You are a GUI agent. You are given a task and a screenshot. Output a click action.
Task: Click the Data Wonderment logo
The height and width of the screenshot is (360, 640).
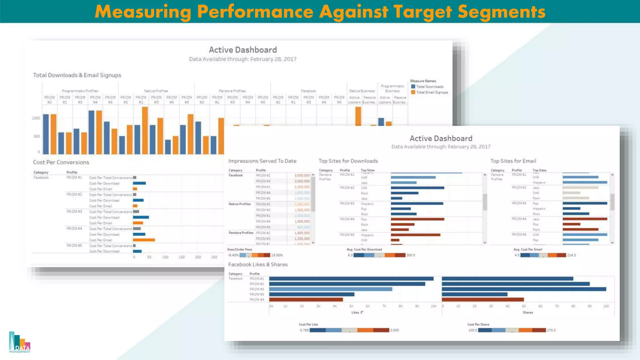pyautogui.click(x=20, y=342)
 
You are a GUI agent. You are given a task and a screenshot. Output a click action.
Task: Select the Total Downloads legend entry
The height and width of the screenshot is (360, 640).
pyautogui.click(x=429, y=87)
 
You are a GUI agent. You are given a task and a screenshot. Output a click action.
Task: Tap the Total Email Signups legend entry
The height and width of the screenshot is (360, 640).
pyautogui.click(x=432, y=92)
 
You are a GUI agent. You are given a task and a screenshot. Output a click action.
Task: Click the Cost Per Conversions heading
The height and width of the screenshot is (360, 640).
pyautogui.click(x=61, y=162)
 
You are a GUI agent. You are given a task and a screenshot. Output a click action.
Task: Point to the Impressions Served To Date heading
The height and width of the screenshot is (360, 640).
pyautogui.click(x=262, y=161)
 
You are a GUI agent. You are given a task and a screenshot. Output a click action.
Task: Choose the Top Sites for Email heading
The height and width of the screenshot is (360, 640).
pyautogui.click(x=513, y=161)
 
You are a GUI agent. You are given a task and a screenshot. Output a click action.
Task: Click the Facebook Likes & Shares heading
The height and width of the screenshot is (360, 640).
pyautogui.click(x=258, y=264)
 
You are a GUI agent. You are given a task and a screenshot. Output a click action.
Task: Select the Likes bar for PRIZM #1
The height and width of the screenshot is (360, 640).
pyautogui.click(x=351, y=278)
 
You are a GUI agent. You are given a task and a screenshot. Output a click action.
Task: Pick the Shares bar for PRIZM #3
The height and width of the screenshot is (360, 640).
pyautogui.click(x=524, y=289)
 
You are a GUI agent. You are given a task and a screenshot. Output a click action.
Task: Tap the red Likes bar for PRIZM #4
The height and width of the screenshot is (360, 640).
pyautogui.click(x=306, y=299)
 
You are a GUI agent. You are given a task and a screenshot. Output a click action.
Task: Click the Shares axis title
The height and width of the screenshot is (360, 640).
pyautogui.click(x=528, y=312)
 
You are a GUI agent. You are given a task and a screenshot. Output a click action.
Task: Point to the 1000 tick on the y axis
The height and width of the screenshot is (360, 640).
pyautogui.click(x=36, y=118)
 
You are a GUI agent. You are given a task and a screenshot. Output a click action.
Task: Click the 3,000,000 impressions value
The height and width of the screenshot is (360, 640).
pyautogui.click(x=302, y=175)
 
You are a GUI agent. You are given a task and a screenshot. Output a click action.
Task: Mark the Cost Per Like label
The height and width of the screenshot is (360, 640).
pyautogui.click(x=308, y=324)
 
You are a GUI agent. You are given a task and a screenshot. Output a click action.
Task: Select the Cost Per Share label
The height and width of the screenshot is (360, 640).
pyautogui.click(x=478, y=324)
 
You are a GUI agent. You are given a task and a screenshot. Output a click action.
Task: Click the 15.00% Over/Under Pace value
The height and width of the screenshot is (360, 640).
pyautogui.click(x=277, y=255)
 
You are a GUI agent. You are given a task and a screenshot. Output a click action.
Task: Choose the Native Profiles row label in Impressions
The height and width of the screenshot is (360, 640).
pyautogui.click(x=240, y=204)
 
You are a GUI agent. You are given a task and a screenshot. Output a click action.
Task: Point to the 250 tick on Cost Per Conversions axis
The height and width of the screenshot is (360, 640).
pyautogui.click(x=214, y=257)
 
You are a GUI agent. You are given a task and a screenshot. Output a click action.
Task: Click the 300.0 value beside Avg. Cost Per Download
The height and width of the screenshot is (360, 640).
pyautogui.click(x=411, y=255)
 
